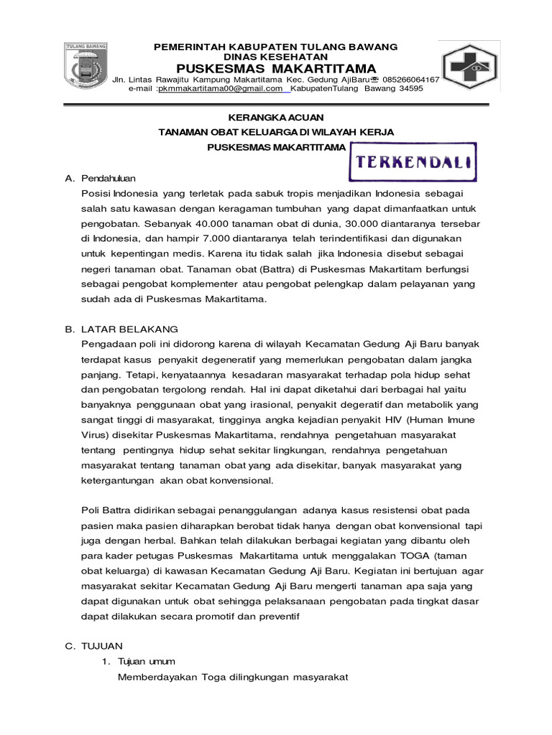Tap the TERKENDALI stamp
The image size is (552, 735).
413,161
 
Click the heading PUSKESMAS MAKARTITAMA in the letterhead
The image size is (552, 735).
276,68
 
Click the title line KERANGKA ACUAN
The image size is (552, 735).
276,116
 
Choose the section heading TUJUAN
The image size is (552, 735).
102,646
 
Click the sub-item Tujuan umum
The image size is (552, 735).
146,661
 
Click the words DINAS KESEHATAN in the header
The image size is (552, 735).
276,57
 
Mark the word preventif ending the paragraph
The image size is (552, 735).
277,615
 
